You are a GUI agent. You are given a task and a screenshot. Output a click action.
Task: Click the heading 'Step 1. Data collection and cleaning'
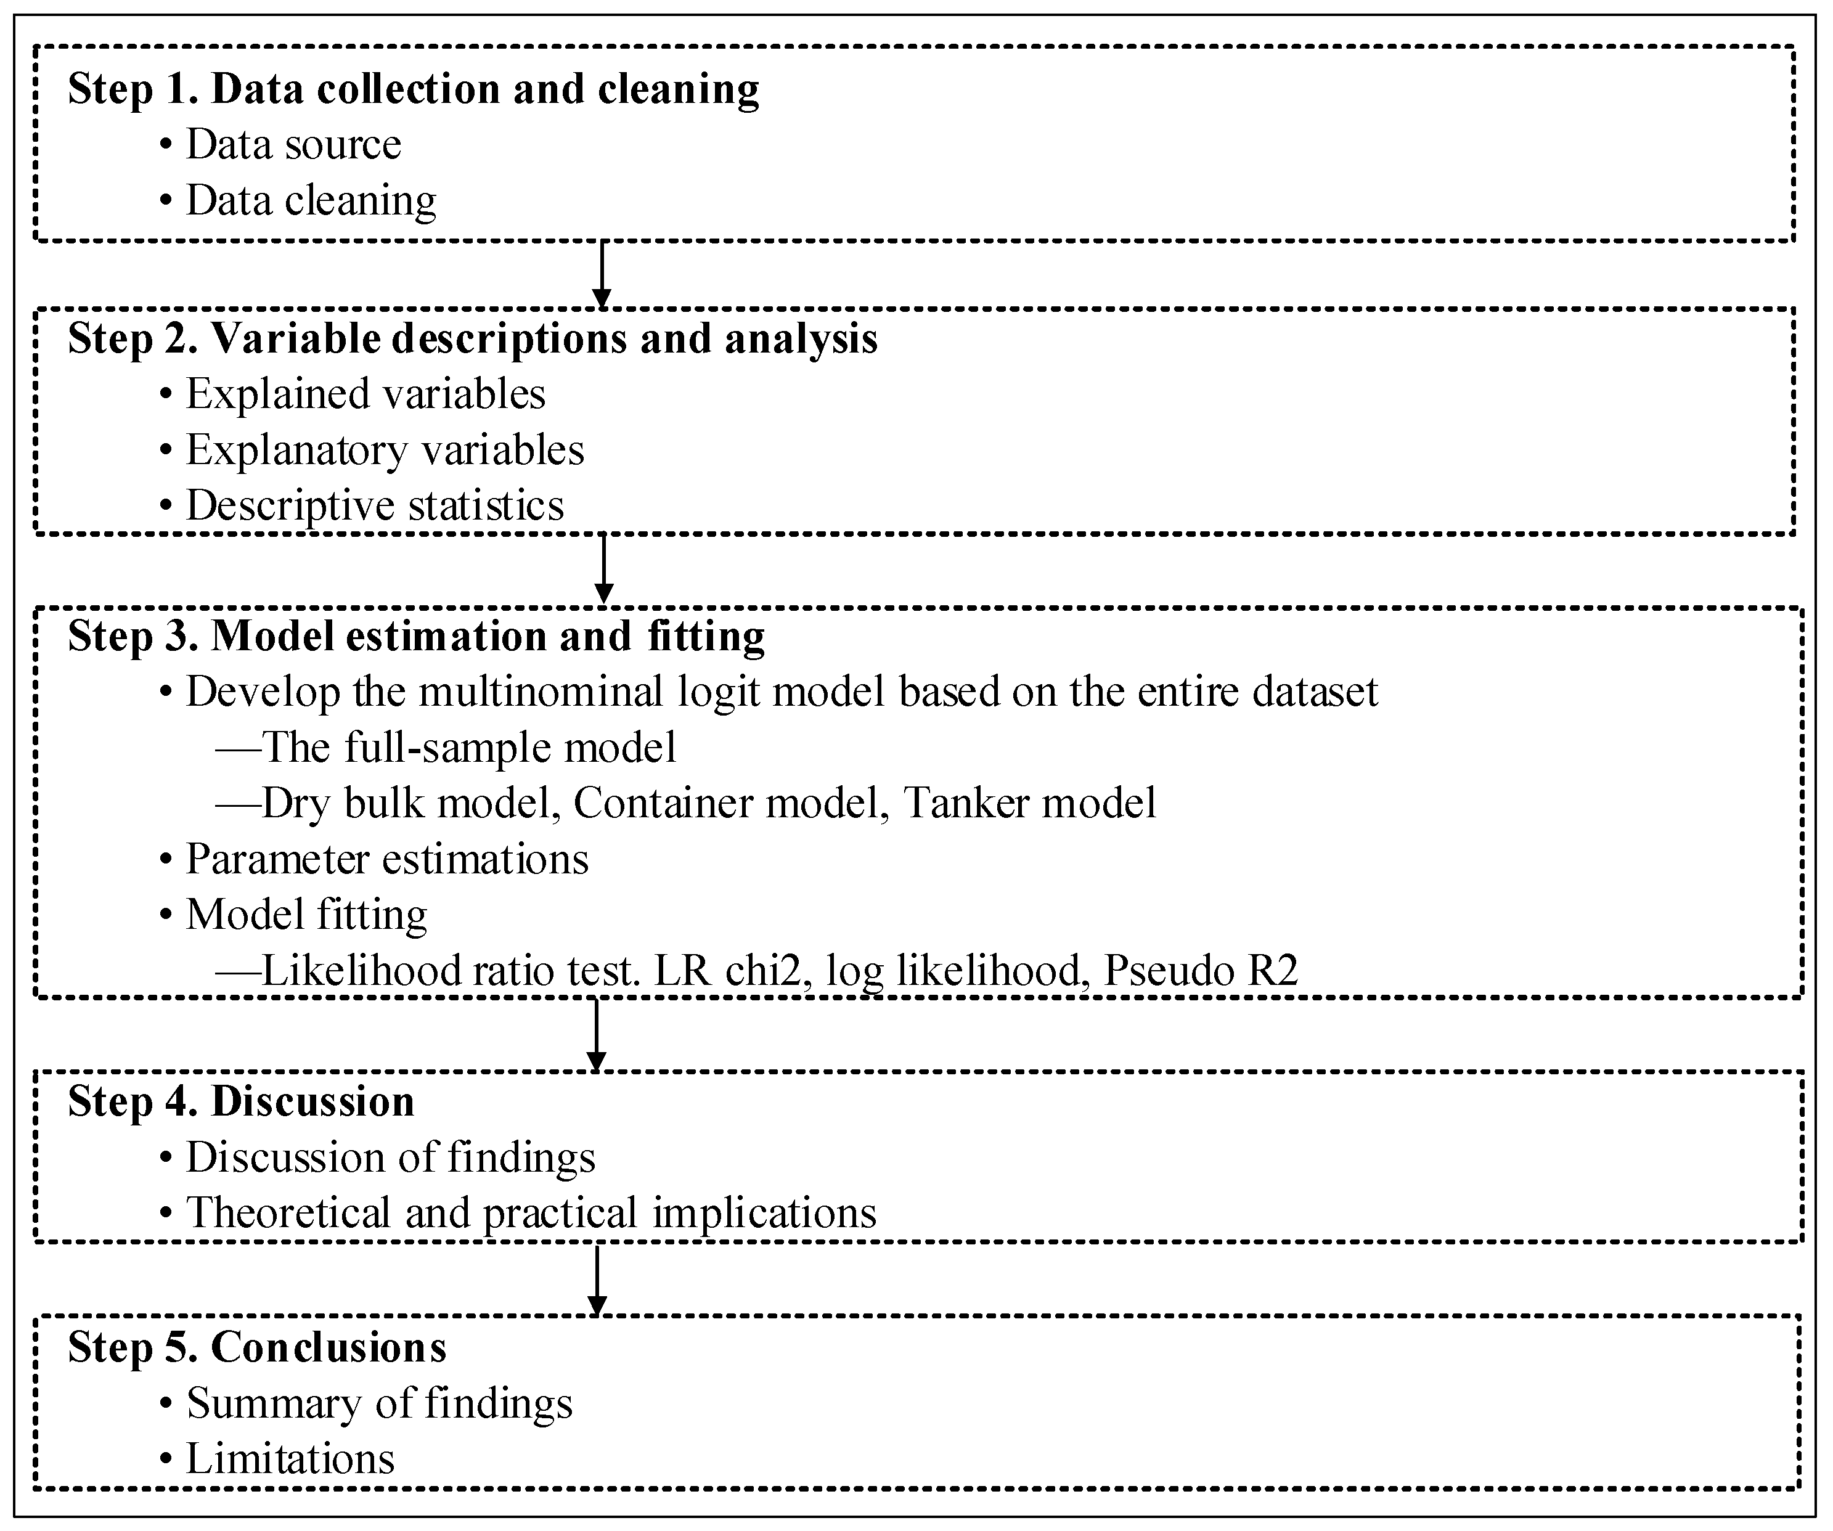tap(413, 89)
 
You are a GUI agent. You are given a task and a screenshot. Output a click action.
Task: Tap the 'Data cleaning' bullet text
tap(310, 201)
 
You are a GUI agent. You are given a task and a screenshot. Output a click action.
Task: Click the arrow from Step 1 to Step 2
tap(602, 274)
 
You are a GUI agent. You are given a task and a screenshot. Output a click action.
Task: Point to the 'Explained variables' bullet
tap(365, 394)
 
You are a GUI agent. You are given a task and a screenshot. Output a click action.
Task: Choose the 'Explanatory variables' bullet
tap(384, 451)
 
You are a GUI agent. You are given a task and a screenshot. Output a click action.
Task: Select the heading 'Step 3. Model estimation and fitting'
tap(417, 636)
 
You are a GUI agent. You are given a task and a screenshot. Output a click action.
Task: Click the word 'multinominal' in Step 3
tap(541, 692)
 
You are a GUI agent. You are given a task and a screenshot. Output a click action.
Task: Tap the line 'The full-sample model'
tap(468, 748)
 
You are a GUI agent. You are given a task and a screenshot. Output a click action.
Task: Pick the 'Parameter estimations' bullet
tap(386, 860)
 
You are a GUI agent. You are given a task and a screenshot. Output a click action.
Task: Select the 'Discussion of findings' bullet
tap(390, 1158)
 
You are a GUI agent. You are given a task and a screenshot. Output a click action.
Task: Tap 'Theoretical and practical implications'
tap(531, 1214)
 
